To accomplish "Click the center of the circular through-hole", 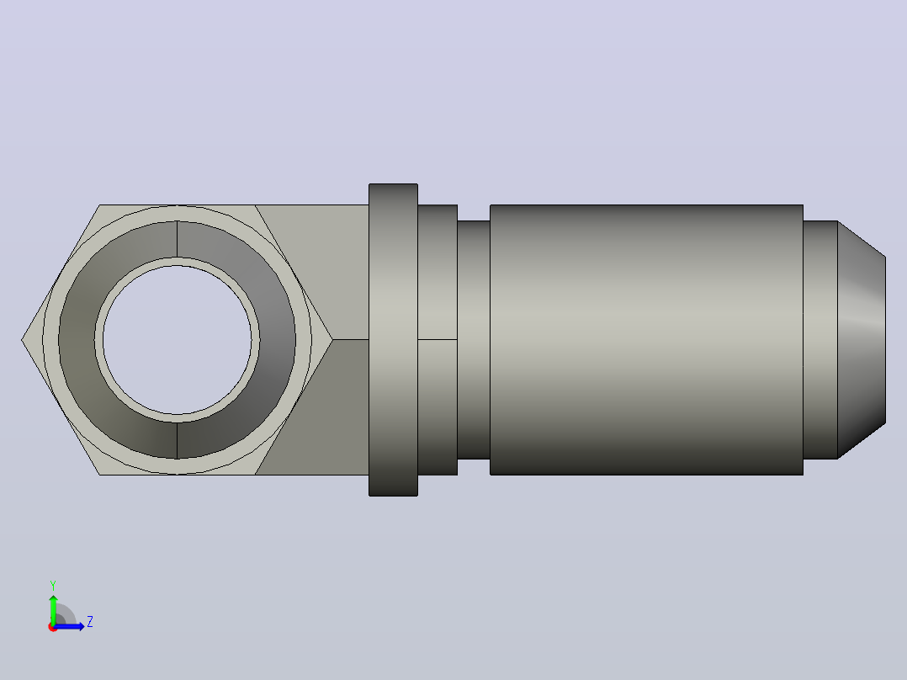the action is tap(177, 340).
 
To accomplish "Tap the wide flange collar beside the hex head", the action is tap(394, 340).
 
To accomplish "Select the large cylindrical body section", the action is tap(647, 340).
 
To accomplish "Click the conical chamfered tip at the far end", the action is tap(862, 340).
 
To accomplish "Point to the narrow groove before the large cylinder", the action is tap(474, 340).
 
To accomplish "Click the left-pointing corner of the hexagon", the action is tap(22, 340).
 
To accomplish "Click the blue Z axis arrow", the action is tap(69, 626).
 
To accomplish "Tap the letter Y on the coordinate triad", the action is tap(53, 585).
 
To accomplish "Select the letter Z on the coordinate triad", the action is tap(90, 622).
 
